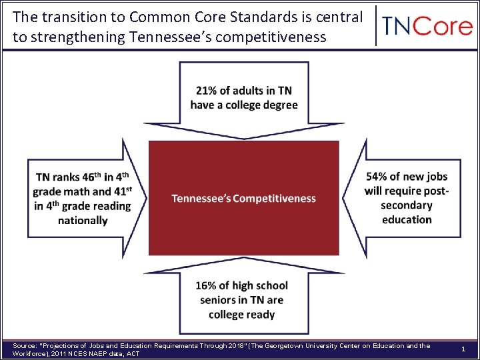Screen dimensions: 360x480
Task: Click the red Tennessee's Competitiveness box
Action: click(x=243, y=198)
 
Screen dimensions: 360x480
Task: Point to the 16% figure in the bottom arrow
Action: click(x=207, y=285)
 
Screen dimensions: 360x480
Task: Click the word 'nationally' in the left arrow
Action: click(x=83, y=221)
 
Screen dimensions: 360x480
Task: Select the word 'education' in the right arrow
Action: click(x=407, y=220)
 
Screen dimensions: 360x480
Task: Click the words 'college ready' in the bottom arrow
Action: click(x=241, y=315)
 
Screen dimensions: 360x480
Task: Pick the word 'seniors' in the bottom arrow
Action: click(x=223, y=300)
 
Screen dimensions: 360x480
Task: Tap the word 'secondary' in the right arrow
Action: click(x=407, y=205)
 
